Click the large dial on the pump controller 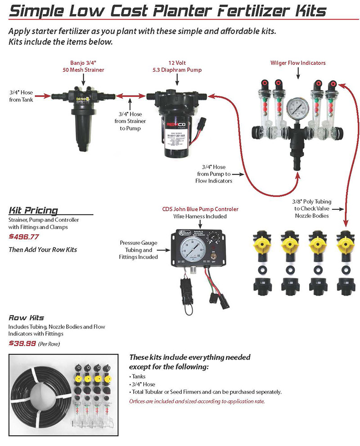click(x=192, y=251)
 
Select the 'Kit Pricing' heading click(x=33, y=210)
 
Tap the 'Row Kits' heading click(x=26, y=318)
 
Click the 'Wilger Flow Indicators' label click(x=298, y=63)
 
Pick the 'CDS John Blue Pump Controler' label click(x=200, y=209)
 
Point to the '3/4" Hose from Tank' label click(x=21, y=96)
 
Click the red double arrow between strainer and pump click(x=130, y=96)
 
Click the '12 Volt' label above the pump click(x=177, y=63)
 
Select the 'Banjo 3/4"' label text click(x=84, y=63)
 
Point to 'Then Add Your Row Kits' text click(x=43, y=249)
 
